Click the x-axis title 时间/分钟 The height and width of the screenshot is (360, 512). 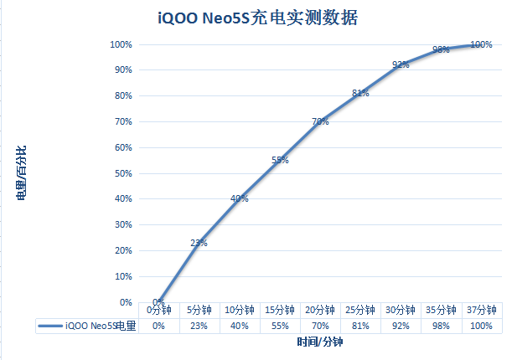click(320, 343)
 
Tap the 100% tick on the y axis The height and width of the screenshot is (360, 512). click(121, 44)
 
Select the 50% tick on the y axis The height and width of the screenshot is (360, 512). click(123, 173)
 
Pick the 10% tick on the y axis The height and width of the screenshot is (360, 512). click(123, 276)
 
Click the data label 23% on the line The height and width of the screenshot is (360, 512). click(199, 243)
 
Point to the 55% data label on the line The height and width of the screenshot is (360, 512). click(280, 160)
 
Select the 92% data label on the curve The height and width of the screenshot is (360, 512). click(401, 64)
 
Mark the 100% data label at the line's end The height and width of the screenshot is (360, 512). click(481, 44)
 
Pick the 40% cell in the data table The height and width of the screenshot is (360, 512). click(240, 326)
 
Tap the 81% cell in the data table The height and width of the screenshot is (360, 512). click(360, 326)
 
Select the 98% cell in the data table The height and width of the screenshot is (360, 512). click(441, 326)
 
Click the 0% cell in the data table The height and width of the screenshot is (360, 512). click(158, 326)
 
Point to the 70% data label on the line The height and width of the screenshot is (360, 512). click(320, 121)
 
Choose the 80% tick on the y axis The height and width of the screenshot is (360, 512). click(123, 95)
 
